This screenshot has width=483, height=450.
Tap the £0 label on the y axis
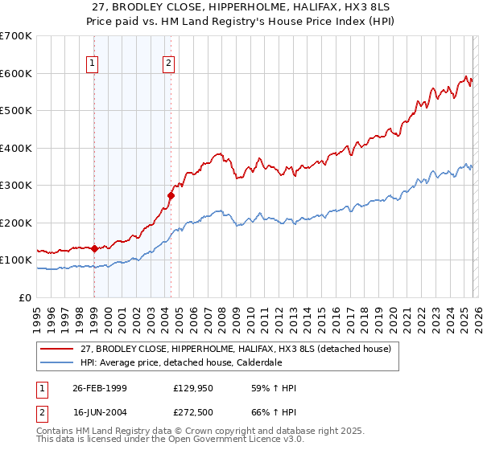pyautogui.click(x=25, y=297)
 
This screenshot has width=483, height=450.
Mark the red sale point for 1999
pyautogui.click(x=95, y=248)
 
